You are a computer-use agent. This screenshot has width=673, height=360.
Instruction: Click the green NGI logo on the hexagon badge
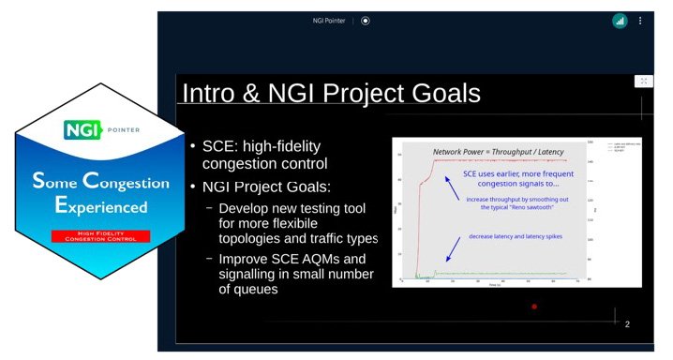click(x=76, y=129)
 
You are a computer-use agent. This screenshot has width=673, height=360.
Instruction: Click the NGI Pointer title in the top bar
click(x=331, y=21)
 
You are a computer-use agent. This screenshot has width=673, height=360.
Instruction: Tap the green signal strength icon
click(x=620, y=21)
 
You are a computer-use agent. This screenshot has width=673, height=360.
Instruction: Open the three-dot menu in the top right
click(x=641, y=21)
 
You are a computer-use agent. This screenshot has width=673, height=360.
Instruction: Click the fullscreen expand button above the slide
click(x=643, y=82)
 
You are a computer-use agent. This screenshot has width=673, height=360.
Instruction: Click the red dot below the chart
click(x=534, y=307)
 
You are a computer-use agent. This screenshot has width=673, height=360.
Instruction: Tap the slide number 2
click(x=626, y=324)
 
